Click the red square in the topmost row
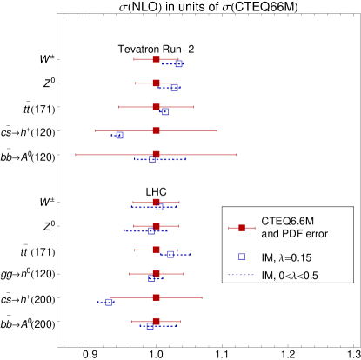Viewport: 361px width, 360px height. (x=156, y=59)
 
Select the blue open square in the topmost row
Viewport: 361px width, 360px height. (x=178, y=63)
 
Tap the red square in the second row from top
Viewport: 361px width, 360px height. (x=156, y=83)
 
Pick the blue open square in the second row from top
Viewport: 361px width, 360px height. (x=174, y=88)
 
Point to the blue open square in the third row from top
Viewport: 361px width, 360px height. (x=164, y=111)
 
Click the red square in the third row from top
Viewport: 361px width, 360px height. (x=156, y=107)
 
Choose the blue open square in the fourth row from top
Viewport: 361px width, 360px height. (x=119, y=136)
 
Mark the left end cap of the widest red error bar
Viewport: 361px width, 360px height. (x=76, y=155)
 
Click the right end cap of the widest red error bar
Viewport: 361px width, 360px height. (x=237, y=155)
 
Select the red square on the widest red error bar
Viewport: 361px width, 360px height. (x=156, y=155)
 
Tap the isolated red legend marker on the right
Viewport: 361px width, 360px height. (x=242, y=228)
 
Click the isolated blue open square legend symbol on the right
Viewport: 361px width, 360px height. (x=242, y=257)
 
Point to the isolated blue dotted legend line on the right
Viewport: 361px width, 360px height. (x=241, y=275)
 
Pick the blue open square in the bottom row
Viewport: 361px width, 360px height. (x=150, y=326)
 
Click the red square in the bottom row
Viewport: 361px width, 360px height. (x=156, y=322)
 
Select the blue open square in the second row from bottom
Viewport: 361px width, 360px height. (x=109, y=302)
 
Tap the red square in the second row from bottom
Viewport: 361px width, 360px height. (x=156, y=297)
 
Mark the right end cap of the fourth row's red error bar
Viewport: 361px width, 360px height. (x=217, y=130)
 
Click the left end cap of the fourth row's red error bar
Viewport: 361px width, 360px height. (x=96, y=130)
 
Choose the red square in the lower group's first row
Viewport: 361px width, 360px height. (x=156, y=203)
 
